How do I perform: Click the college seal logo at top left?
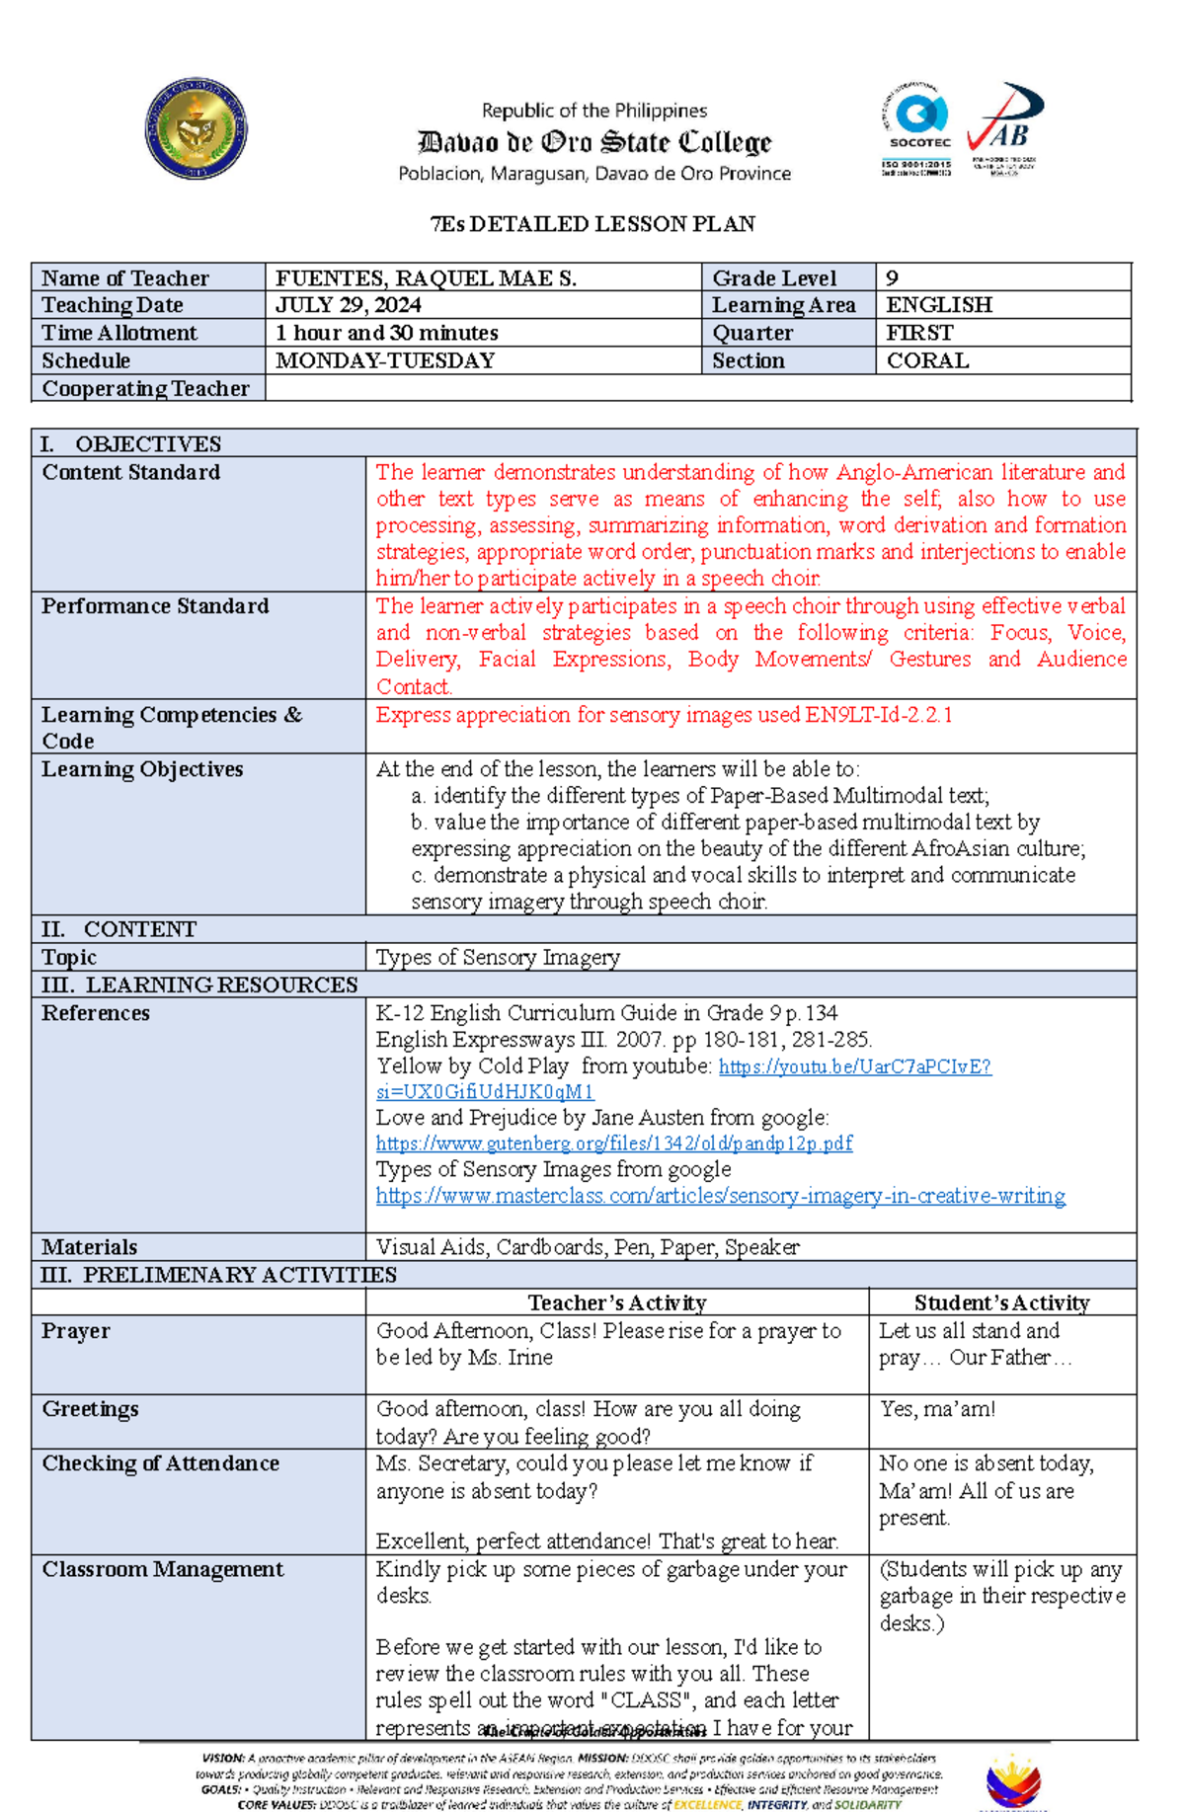coord(196,128)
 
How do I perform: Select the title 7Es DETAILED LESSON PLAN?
coord(592,224)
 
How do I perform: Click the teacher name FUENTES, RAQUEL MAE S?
coord(426,278)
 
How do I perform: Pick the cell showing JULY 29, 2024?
coord(349,305)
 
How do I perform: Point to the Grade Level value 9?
coord(893,278)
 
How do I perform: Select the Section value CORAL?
coord(927,360)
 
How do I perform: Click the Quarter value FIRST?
coord(919,333)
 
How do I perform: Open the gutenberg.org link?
coord(613,1143)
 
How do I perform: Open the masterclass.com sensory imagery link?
coord(720,1196)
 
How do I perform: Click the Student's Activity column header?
coord(1001,1302)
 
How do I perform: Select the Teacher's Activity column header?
coord(617,1302)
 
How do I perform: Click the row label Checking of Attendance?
coord(160,1463)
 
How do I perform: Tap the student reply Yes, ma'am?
coord(937,1409)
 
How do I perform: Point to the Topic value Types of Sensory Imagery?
coord(498,957)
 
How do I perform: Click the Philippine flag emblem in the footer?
coord(1012,1781)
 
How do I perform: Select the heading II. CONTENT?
coord(118,929)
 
